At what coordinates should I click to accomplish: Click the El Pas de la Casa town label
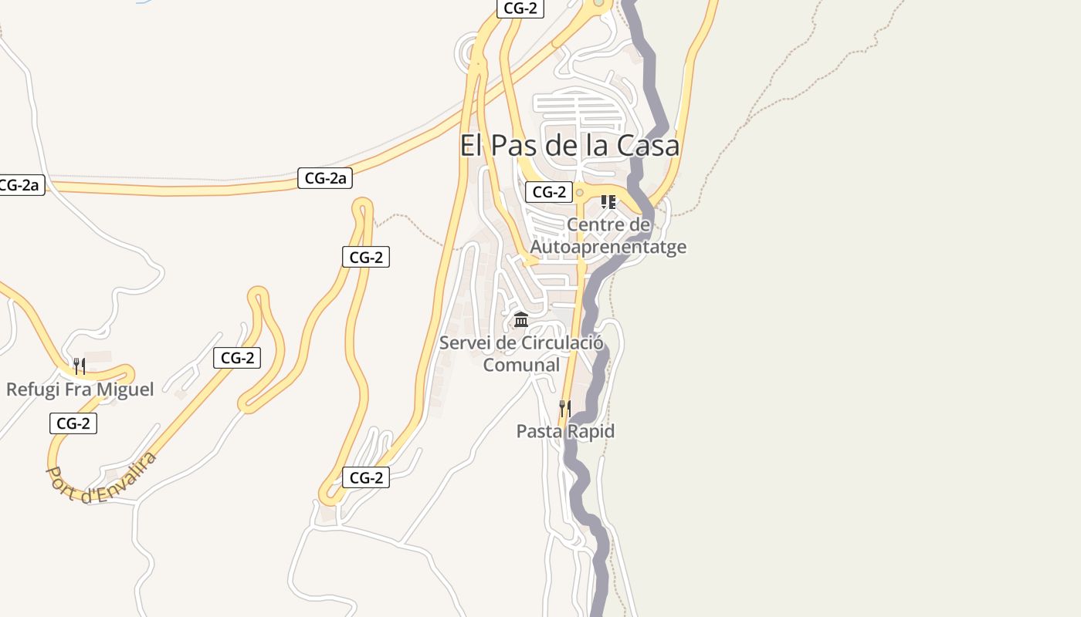pos(569,146)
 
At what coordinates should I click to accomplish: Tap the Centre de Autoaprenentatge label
pos(608,236)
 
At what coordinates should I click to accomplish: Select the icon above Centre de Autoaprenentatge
pos(608,202)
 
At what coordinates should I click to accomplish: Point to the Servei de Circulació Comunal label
pos(521,353)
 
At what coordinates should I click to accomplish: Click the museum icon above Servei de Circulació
pos(521,319)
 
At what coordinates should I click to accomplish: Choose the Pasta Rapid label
pos(565,431)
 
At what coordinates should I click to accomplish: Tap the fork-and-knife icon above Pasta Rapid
pos(565,408)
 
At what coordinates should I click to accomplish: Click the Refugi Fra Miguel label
pos(80,389)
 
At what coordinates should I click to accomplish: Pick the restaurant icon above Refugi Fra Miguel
pos(79,366)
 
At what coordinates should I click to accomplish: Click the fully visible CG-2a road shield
pos(325,178)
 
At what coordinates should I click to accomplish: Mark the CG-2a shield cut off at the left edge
pos(21,185)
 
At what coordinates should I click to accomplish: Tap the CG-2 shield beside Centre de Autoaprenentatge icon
pos(549,192)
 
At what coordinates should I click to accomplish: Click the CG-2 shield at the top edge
pos(520,8)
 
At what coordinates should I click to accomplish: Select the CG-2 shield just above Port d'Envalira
pos(73,423)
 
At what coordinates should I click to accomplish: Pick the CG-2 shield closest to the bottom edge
pos(366,477)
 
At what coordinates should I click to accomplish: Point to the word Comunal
pos(521,364)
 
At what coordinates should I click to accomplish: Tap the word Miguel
pos(124,389)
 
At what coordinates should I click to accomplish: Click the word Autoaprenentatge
pos(608,247)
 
